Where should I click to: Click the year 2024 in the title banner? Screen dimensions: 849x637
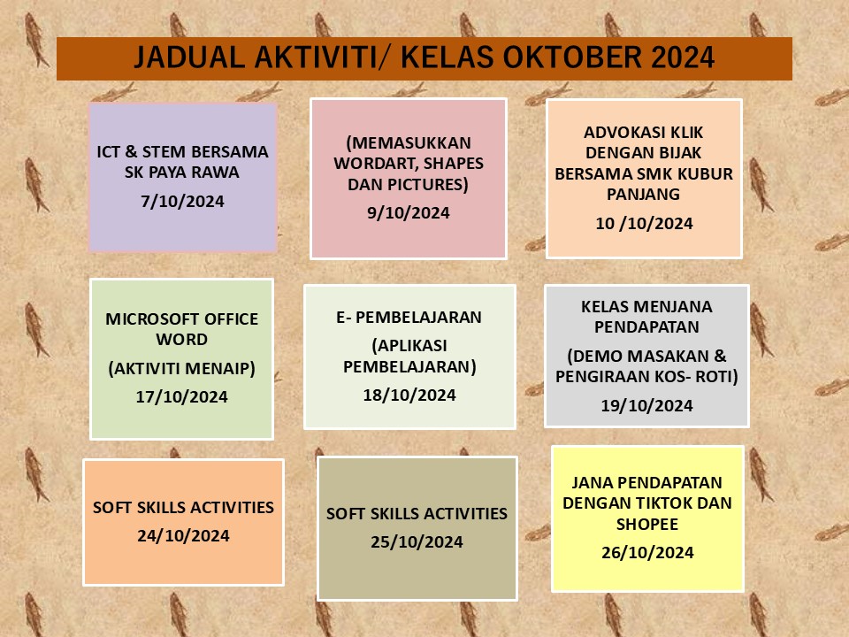683,58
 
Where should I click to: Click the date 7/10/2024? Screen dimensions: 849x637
182,202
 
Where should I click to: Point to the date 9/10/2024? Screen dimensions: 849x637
409,213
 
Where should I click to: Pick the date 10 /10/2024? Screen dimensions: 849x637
644,224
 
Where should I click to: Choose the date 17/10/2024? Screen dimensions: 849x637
181,397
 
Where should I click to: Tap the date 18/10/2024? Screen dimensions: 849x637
409,395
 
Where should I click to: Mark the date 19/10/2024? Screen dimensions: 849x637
646,406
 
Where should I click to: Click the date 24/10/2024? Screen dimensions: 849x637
183,536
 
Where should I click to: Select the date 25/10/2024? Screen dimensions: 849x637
417,542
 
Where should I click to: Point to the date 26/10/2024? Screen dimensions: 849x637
647,553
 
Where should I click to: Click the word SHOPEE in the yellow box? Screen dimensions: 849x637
647,525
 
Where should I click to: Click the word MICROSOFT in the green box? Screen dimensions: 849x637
149,319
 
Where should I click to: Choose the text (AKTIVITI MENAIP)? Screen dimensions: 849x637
182,368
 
